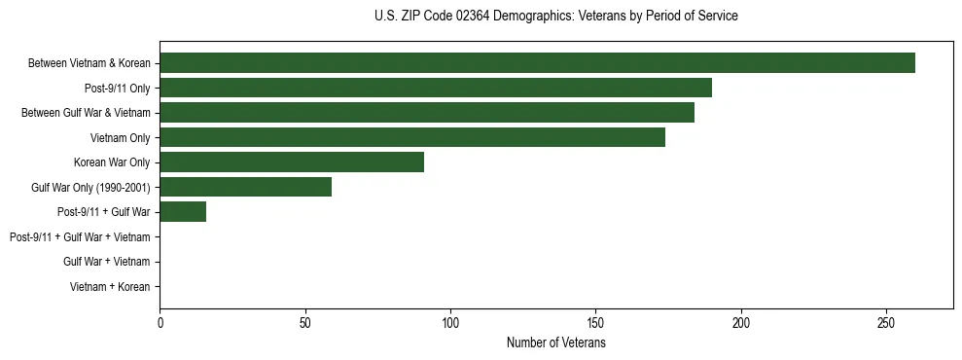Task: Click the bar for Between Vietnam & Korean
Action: [537, 63]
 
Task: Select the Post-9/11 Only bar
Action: [436, 88]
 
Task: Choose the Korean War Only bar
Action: [292, 162]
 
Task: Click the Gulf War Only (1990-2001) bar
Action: [245, 187]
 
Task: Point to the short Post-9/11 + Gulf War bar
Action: [183, 211]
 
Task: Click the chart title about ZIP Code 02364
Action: [555, 17]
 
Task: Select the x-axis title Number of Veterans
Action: [555, 343]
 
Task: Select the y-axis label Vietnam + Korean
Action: [110, 286]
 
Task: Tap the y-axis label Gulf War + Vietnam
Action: [107, 261]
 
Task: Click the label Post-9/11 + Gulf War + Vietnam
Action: [80, 236]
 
